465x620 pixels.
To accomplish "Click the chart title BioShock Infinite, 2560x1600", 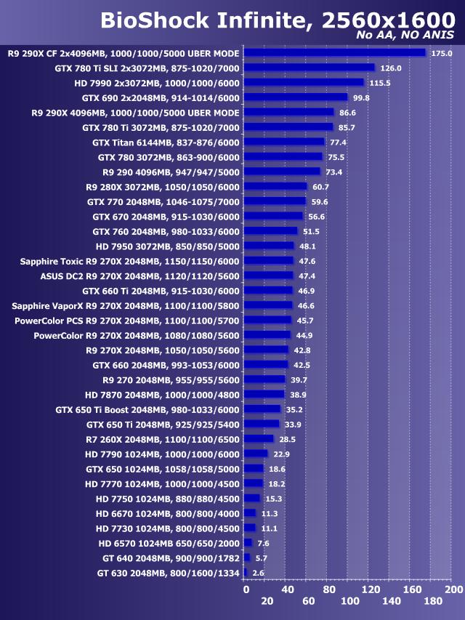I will click(x=277, y=20).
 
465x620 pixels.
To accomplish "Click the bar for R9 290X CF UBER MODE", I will click(x=334, y=52).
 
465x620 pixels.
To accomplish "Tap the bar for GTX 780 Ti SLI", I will click(x=309, y=68).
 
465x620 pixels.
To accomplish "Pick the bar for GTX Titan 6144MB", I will click(x=284, y=142).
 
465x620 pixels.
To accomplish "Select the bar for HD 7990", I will click(x=304, y=83).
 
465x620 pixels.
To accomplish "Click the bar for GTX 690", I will click(x=296, y=97).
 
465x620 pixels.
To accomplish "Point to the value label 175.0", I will click(x=441, y=53).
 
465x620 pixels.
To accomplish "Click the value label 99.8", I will click(x=361, y=98).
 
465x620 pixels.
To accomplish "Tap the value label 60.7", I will click(x=320, y=187).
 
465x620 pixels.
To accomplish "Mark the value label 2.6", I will click(x=259, y=573).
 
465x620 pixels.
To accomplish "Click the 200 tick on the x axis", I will click(x=453, y=589).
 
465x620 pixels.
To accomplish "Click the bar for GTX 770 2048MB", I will click(x=275, y=201).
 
